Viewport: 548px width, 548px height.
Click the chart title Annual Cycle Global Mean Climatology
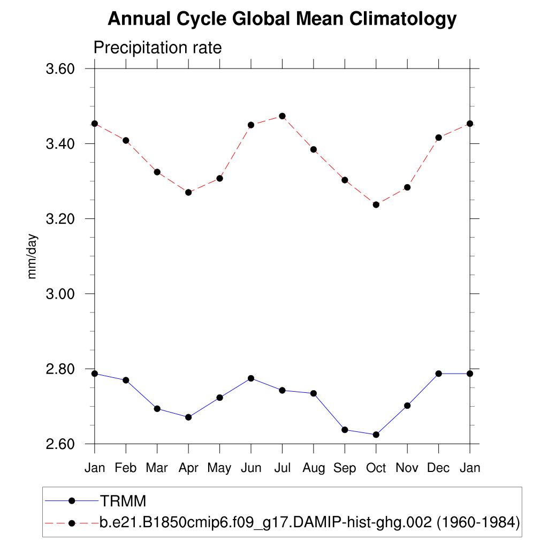pyautogui.click(x=282, y=20)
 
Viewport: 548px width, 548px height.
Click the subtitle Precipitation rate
pyautogui.click(x=157, y=48)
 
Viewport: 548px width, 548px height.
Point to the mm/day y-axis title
pyautogui.click(x=33, y=256)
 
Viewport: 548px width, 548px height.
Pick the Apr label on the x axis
pyautogui.click(x=188, y=468)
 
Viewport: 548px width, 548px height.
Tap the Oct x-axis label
pyautogui.click(x=376, y=468)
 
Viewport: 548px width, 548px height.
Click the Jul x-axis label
pyautogui.click(x=282, y=468)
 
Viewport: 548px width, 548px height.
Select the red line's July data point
pyautogui.click(x=282, y=116)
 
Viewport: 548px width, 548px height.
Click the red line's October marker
pyautogui.click(x=376, y=204)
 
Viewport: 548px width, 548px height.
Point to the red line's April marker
pyautogui.click(x=188, y=192)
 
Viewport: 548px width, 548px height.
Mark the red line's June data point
pyautogui.click(x=251, y=125)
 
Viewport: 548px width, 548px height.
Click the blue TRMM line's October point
pyautogui.click(x=376, y=435)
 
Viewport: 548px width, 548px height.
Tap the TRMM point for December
pyautogui.click(x=438, y=374)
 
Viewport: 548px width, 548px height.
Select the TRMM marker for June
pyautogui.click(x=251, y=378)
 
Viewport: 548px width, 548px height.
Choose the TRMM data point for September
pyautogui.click(x=345, y=430)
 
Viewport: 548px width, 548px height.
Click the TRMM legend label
pyautogui.click(x=123, y=501)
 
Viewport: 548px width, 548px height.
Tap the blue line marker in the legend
pyautogui.click(x=72, y=501)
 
